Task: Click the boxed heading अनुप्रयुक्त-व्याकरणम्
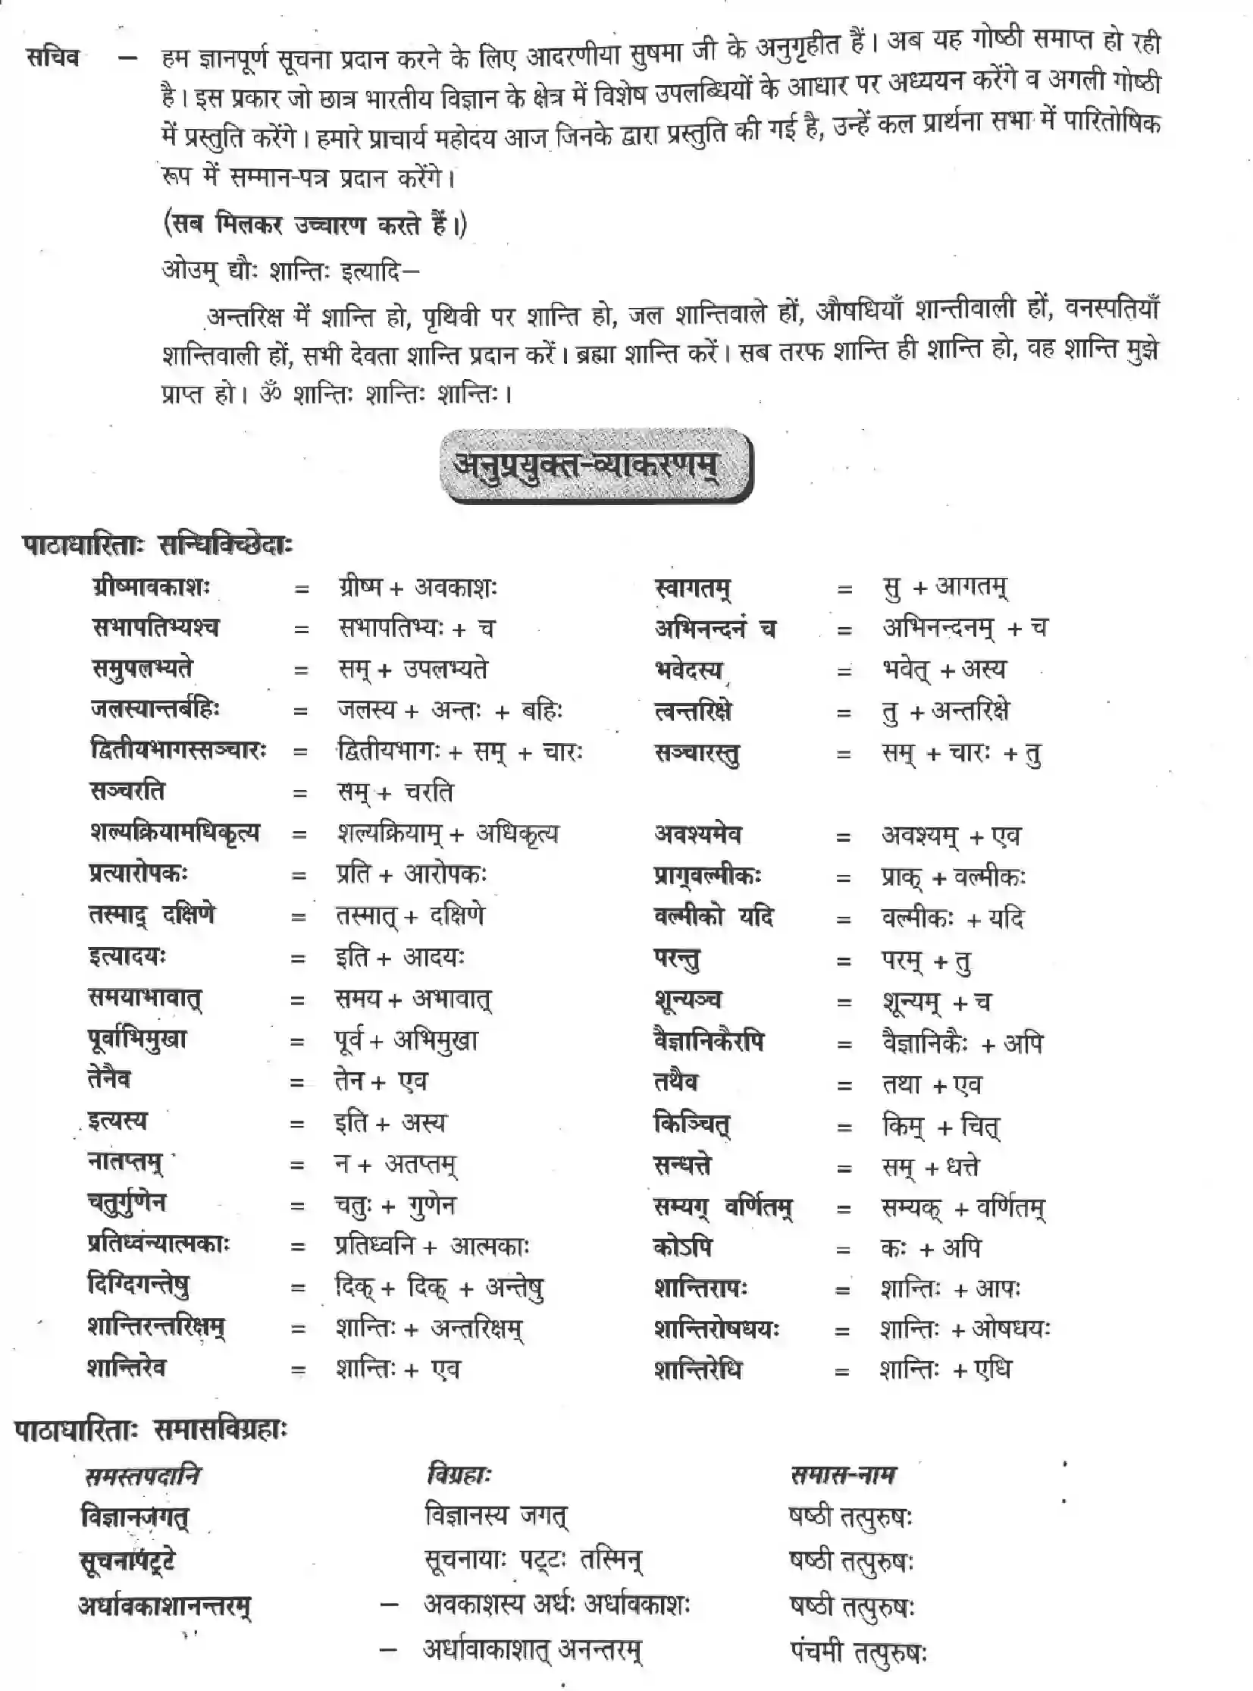(595, 466)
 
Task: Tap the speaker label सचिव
(53, 57)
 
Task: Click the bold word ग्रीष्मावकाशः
(150, 587)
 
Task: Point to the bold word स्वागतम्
(693, 588)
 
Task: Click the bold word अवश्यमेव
(698, 835)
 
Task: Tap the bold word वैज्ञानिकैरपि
(709, 1041)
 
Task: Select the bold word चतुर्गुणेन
(127, 1204)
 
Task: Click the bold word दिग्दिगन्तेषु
(138, 1286)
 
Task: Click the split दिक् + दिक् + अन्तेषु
(438, 1288)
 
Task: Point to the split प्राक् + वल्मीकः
(953, 878)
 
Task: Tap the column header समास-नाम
(843, 1475)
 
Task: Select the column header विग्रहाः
(459, 1475)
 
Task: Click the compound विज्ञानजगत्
(134, 1517)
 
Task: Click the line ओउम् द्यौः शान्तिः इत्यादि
(290, 271)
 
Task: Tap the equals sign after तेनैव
(296, 1084)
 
